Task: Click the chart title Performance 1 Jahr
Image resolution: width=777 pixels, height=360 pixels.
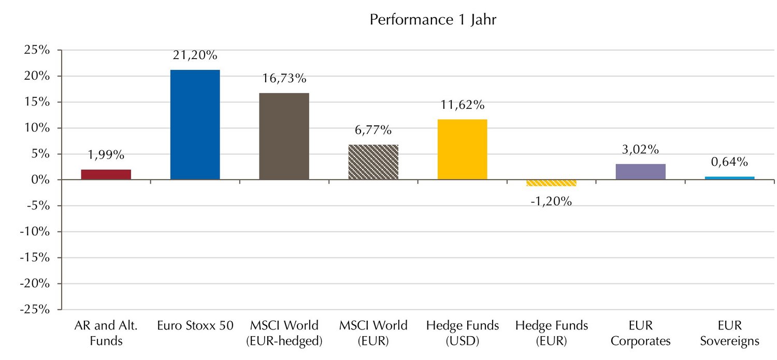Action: click(433, 20)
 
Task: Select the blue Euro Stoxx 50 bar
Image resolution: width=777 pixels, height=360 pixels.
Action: click(195, 125)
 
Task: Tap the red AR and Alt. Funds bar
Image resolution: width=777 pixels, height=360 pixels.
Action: click(106, 175)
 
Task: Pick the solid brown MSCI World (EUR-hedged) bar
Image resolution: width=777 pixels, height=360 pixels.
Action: click(284, 136)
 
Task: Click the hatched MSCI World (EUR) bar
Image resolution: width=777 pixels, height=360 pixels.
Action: click(373, 162)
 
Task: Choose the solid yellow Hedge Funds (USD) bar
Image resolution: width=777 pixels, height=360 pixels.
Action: click(463, 150)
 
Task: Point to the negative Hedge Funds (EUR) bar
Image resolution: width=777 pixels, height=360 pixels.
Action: click(552, 183)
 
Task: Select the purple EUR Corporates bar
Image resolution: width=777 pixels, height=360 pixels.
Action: click(641, 172)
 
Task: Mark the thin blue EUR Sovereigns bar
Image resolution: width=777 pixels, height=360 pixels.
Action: click(730, 178)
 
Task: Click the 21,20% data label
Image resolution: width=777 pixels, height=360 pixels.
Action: click(195, 55)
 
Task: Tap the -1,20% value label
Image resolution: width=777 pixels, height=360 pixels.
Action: click(551, 201)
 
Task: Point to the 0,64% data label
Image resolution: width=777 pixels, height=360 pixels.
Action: click(729, 162)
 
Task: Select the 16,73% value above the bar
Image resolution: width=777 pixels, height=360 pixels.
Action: click(284, 79)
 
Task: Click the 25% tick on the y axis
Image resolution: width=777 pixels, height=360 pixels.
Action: click(39, 50)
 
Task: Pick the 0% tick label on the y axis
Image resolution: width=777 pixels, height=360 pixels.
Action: click(42, 180)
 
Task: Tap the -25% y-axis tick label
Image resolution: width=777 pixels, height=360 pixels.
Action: click(37, 310)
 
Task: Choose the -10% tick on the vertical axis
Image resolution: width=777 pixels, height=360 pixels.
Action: click(37, 232)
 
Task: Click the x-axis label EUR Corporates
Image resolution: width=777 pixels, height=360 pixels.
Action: click(641, 333)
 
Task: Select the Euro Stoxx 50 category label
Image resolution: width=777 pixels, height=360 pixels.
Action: click(195, 326)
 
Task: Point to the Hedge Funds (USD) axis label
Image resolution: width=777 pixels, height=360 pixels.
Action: click(463, 333)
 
